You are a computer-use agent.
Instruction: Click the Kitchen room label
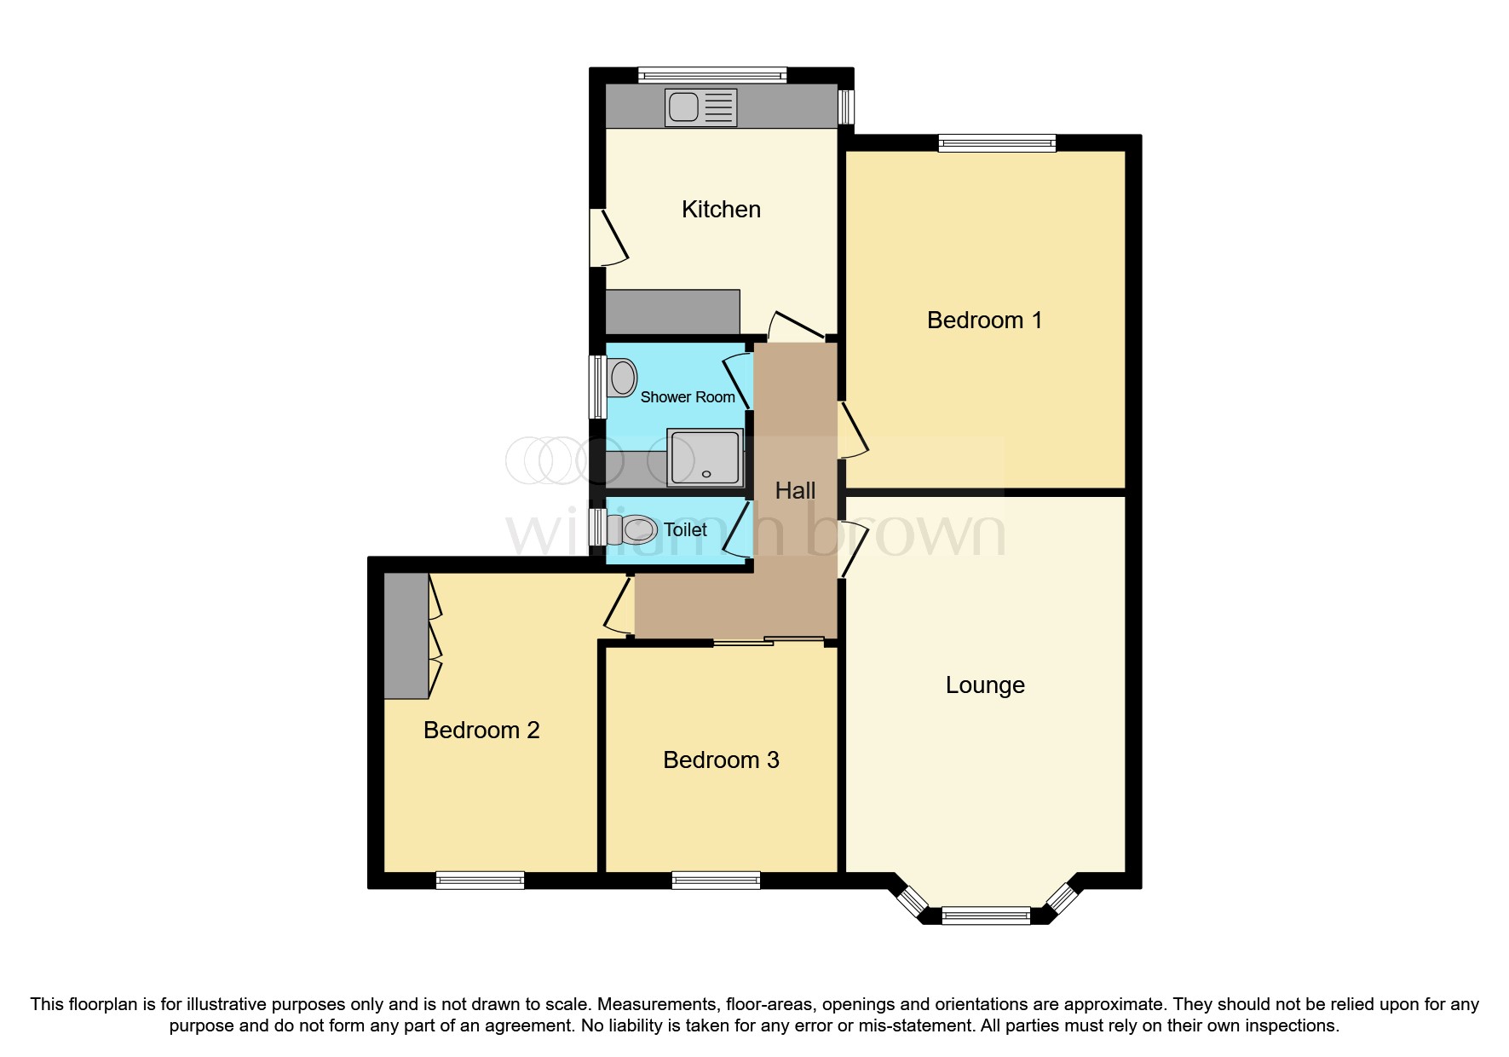tap(721, 210)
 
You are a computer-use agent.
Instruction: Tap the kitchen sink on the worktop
tap(701, 107)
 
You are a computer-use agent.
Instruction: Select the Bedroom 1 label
tap(984, 321)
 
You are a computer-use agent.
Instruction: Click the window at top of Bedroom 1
tap(997, 143)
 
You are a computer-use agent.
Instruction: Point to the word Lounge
tap(985, 685)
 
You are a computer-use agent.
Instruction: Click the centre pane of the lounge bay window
tap(986, 916)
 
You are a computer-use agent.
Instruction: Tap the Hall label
tap(795, 491)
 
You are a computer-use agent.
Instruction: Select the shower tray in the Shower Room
tap(705, 457)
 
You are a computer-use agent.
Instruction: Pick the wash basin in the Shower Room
tap(623, 378)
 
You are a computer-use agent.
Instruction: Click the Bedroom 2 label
tap(481, 731)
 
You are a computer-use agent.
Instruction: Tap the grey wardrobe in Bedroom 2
tap(406, 636)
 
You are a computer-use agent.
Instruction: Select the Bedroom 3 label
tap(721, 760)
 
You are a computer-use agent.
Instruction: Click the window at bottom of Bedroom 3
tap(716, 881)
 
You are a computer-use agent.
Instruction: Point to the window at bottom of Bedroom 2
tap(480, 881)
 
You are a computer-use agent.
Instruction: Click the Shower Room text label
tap(687, 397)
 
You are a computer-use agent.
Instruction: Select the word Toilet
tap(685, 530)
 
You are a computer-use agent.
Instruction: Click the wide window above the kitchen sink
tap(712, 75)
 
